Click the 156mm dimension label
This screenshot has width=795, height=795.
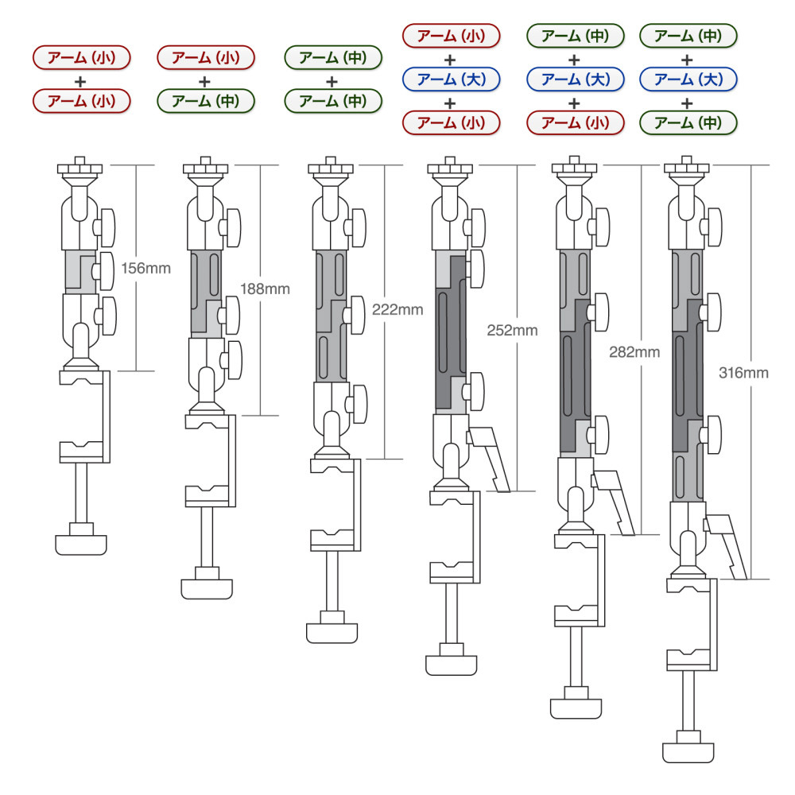tap(145, 268)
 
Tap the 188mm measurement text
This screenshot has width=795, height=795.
tap(265, 289)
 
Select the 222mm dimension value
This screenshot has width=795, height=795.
tap(397, 309)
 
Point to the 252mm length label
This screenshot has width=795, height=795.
tap(512, 330)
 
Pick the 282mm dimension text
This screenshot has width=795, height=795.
tap(634, 352)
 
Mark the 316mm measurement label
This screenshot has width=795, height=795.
tap(743, 373)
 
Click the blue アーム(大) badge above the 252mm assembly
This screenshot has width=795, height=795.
tap(451, 79)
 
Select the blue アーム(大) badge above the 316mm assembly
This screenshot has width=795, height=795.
tap(688, 79)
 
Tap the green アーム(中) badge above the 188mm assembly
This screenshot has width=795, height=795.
tap(206, 100)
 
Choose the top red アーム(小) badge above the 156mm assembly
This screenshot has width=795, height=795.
tap(82, 57)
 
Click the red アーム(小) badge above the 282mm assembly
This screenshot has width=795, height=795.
tap(575, 122)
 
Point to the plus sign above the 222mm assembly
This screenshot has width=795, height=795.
tap(332, 81)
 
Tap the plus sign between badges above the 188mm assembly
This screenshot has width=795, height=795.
tap(204, 81)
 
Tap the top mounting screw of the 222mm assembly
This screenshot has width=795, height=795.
tap(331, 167)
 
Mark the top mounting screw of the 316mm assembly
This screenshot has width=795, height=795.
tap(687, 167)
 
